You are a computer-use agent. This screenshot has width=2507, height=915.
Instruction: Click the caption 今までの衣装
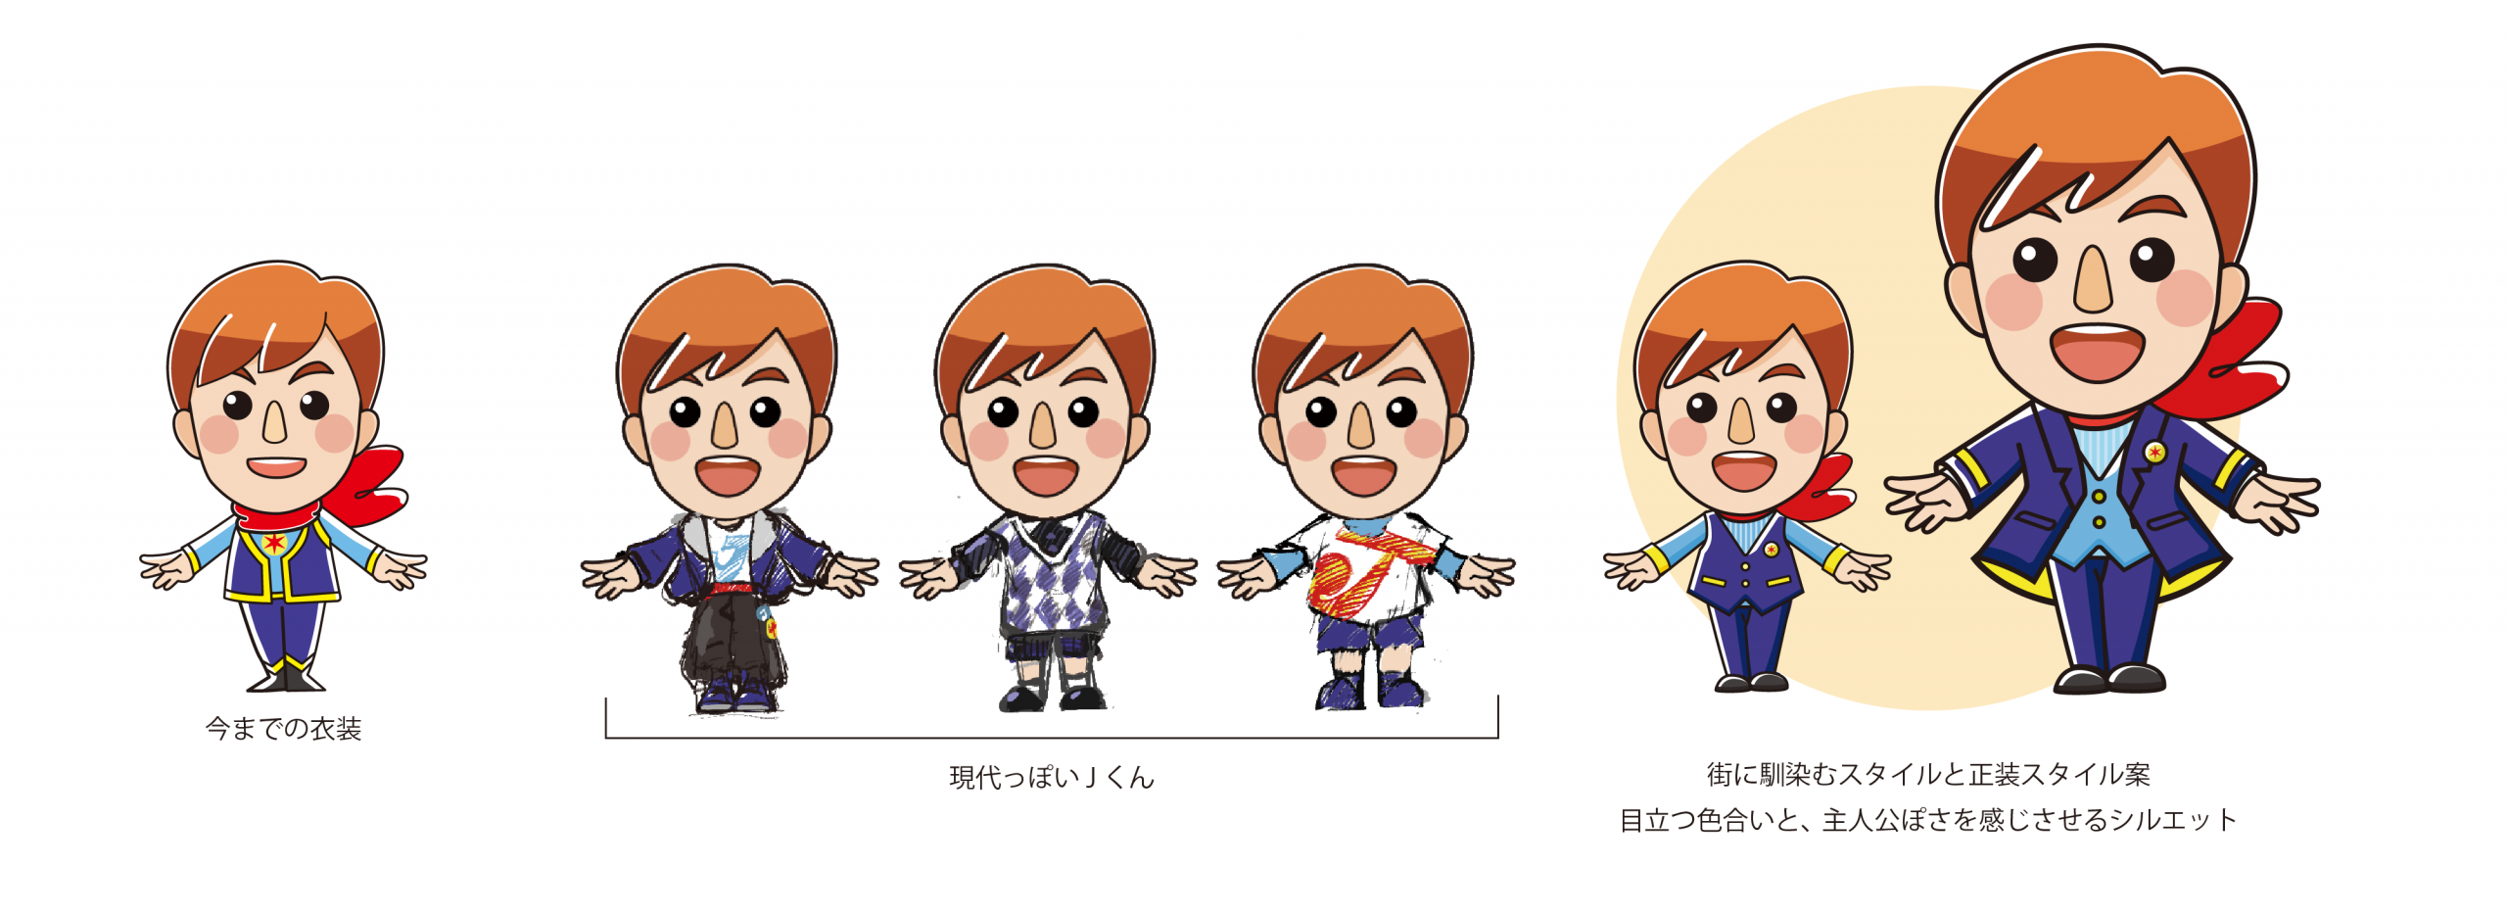[283, 729]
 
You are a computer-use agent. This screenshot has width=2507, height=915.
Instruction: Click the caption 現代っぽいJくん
[1052, 778]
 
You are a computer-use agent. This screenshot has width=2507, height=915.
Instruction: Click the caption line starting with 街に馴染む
[1927, 775]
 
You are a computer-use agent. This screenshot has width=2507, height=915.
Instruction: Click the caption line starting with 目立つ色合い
[1927, 820]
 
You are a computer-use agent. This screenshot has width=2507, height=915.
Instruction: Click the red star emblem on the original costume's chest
[274, 542]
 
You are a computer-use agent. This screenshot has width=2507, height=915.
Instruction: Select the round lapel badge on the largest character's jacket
[2154, 452]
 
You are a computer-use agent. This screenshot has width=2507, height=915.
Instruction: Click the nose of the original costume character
[274, 421]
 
